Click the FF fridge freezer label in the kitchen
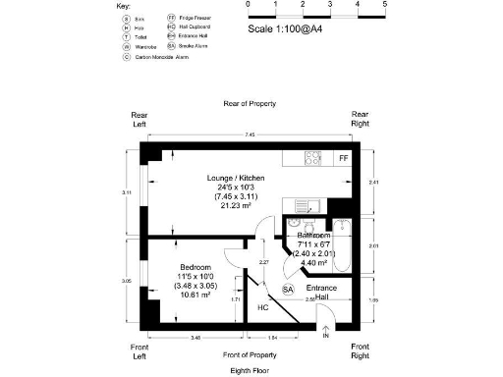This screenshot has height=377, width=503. [343, 158]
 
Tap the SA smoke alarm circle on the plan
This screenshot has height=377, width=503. [288, 291]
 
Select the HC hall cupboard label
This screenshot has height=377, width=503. [262, 307]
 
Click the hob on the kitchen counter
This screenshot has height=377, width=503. [314, 157]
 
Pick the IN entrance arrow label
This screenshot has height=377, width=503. [326, 337]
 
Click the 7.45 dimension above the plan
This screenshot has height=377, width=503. [251, 135]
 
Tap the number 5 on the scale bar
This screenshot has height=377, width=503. [384, 5]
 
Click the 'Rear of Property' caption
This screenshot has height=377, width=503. [250, 103]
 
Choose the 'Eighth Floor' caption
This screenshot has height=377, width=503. [249, 371]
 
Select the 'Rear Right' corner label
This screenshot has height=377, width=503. [361, 120]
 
